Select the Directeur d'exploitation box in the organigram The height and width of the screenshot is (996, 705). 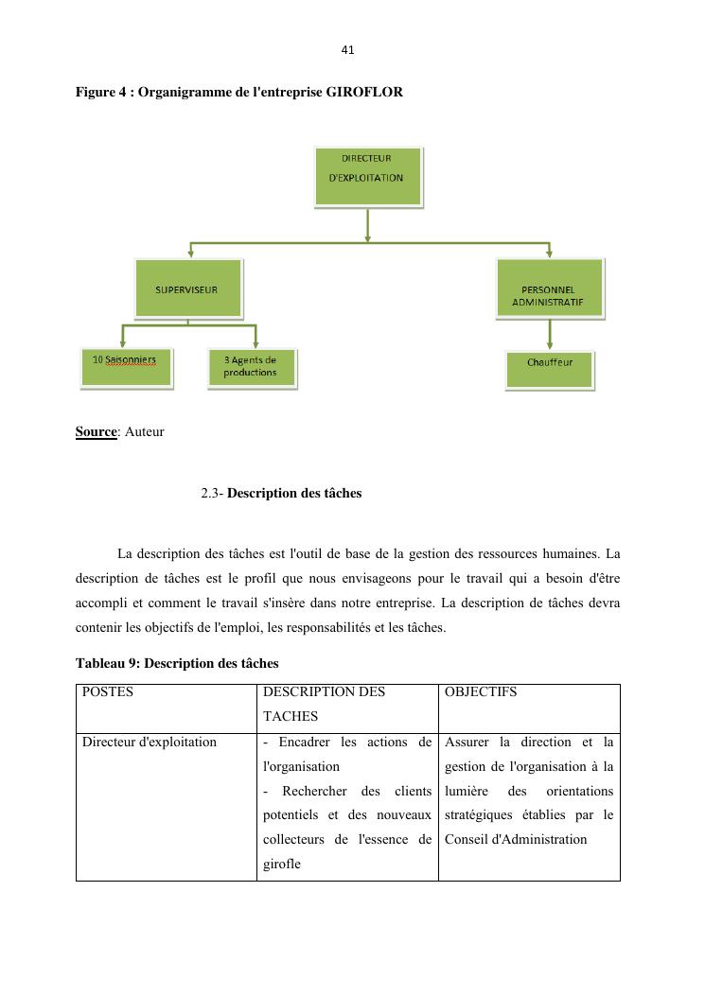coord(368,175)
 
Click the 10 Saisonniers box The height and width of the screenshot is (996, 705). coord(126,367)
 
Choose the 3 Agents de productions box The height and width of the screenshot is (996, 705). coord(251,367)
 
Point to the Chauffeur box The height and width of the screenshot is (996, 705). coord(550,368)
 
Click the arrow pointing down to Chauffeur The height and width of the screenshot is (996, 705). coord(550,336)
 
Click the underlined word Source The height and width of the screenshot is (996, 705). coord(96,432)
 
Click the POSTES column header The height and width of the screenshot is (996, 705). coord(108,691)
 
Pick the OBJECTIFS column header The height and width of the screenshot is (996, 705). coord(480,691)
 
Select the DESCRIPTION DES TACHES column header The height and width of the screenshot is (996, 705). coord(324,704)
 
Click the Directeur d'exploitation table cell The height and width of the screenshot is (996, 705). coord(150,742)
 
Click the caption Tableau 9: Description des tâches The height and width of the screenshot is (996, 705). coord(177,663)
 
